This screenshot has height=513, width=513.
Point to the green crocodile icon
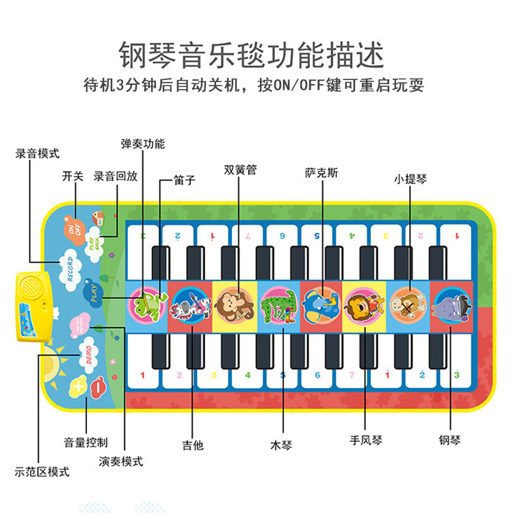(x=279, y=304)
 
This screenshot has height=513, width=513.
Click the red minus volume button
(x=98, y=386)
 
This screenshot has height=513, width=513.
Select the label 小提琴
(x=410, y=180)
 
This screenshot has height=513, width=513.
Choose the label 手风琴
(x=366, y=440)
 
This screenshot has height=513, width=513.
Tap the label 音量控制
(x=85, y=443)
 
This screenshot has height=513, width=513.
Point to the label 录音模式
(x=38, y=154)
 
